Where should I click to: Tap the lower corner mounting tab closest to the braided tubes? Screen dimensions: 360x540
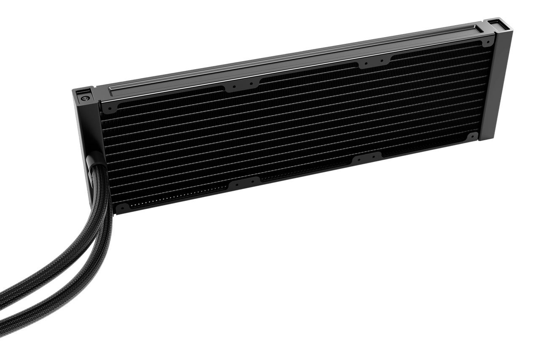click(122, 208)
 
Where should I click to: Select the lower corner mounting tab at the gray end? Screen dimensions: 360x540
click(472, 137)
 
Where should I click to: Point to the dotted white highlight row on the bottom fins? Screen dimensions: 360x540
click(177, 200)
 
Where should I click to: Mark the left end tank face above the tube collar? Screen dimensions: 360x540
click(86, 127)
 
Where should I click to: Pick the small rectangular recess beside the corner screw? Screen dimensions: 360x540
click(90, 90)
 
